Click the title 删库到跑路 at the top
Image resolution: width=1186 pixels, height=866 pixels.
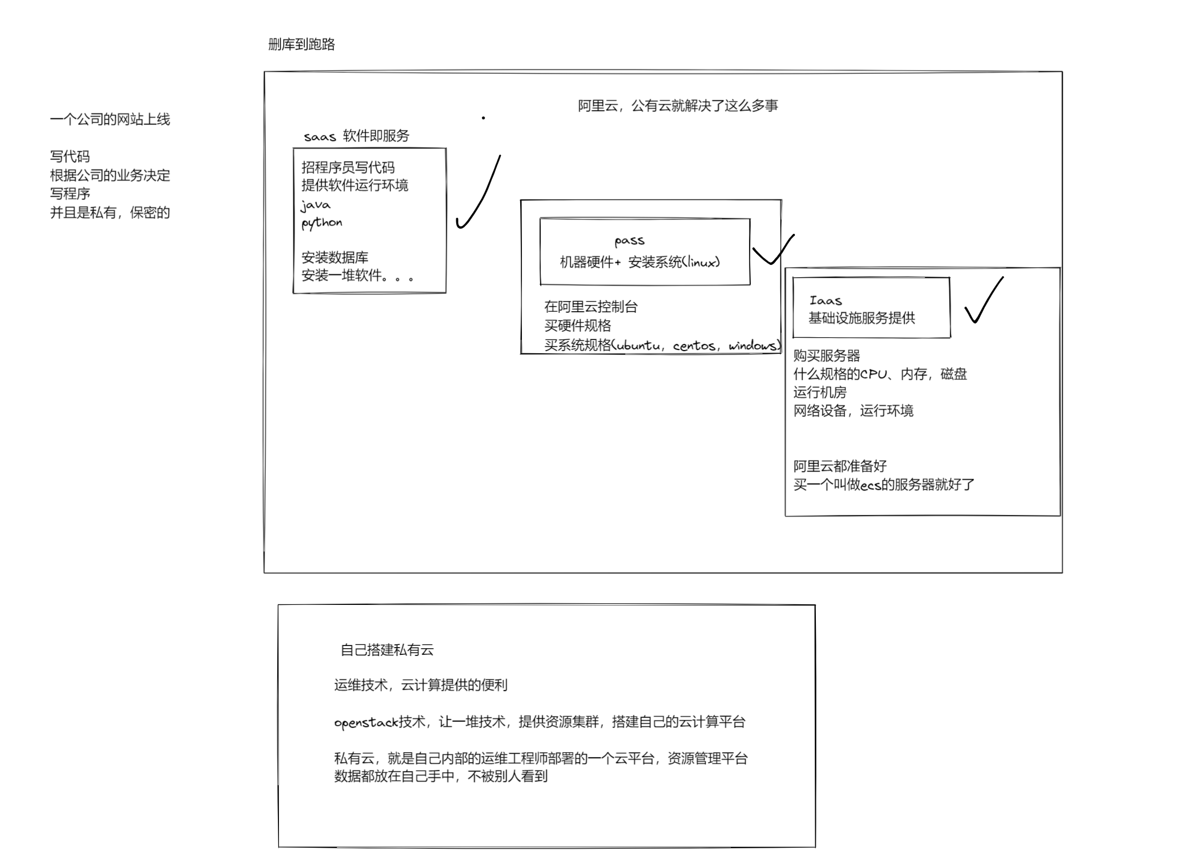point(301,44)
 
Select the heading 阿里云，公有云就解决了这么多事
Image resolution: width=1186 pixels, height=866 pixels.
point(677,106)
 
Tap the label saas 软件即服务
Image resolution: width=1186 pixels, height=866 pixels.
point(356,136)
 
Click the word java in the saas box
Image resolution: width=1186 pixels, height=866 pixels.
point(316,205)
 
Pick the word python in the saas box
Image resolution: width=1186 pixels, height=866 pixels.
point(322,223)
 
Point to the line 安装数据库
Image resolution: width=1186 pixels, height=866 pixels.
point(335,257)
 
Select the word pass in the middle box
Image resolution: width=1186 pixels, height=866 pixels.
point(629,241)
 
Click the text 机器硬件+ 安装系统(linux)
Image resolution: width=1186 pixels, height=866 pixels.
point(640,262)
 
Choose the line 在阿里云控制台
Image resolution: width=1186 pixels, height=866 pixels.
point(591,307)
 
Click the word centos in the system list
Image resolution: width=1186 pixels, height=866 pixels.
point(694,346)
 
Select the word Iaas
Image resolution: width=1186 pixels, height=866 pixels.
point(825,301)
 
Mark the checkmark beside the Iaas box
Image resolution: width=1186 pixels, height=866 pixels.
point(984,300)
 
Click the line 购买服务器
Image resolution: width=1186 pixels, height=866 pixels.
point(826,356)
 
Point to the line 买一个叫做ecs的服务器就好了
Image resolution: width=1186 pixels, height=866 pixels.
point(884,484)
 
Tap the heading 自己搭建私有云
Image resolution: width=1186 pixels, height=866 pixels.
point(387,650)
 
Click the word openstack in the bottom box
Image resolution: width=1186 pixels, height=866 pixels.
point(366,722)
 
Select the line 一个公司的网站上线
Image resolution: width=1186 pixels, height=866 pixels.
point(110,119)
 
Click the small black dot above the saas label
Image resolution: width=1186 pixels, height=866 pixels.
point(484,118)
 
